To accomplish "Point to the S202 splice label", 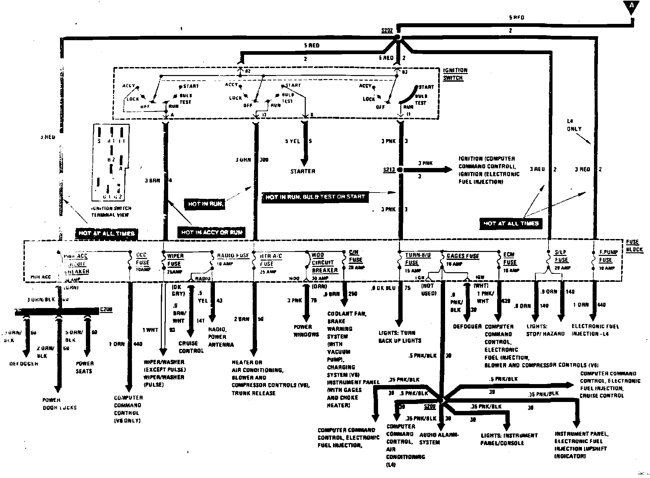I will [387, 31].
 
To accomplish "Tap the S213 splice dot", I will [400, 170].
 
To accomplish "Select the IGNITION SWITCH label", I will [455, 74].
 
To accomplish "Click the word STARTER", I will [302, 171].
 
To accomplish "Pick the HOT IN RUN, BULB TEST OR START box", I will [315, 197].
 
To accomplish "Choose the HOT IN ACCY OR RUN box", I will [212, 232].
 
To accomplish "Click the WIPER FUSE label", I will [175, 260].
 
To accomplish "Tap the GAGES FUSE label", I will [462, 256].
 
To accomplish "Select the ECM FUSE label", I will [509, 259].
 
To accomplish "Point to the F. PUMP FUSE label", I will [608, 256].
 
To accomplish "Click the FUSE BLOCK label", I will [634, 246].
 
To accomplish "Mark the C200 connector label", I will [106, 309].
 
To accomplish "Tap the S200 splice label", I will [429, 406].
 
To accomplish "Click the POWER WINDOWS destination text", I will [306, 331].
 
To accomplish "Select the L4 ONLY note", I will [574, 125].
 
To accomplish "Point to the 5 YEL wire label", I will [292, 141].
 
